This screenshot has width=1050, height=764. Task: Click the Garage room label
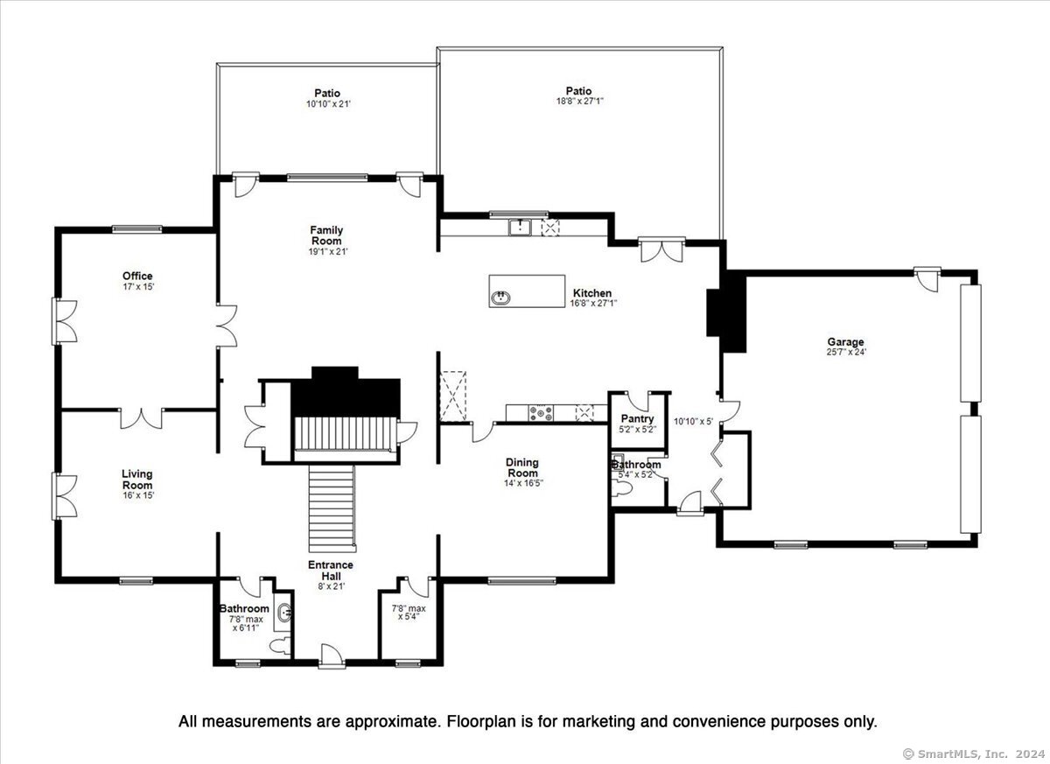[x=845, y=341]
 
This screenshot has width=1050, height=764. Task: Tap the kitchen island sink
[x=501, y=298]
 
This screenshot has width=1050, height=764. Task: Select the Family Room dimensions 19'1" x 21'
[x=327, y=252]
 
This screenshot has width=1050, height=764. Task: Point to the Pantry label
[x=637, y=418]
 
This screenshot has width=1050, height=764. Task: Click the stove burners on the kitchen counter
[x=541, y=413]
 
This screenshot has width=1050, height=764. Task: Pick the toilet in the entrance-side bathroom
[x=281, y=646]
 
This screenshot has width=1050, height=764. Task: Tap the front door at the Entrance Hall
[x=332, y=655]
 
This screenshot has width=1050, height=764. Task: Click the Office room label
[x=137, y=276]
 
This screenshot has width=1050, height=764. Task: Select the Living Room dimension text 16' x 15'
[x=138, y=495]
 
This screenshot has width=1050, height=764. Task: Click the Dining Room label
[x=522, y=467]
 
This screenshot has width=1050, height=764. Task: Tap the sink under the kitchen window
[x=520, y=228]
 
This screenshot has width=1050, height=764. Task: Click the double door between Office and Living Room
[x=141, y=418]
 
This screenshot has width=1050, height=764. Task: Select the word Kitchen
[x=592, y=293]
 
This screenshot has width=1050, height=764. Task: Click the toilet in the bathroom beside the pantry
[x=622, y=489]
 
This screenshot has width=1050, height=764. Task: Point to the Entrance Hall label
[x=331, y=571]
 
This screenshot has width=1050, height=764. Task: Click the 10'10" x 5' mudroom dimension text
[x=693, y=421]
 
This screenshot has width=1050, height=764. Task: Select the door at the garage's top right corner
[x=927, y=279]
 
